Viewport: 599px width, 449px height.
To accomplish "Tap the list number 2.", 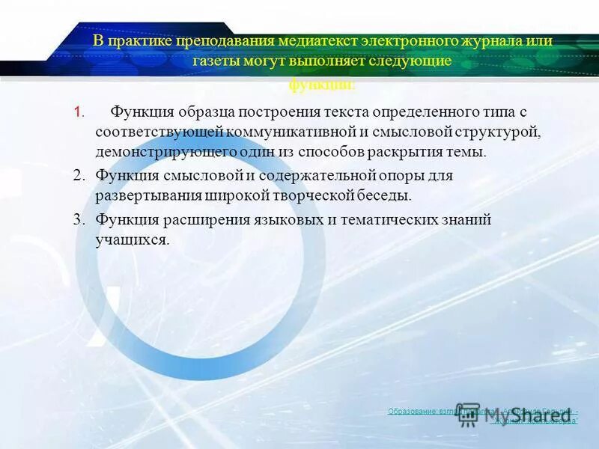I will (79, 176).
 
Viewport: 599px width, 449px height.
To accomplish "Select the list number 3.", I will (79, 220).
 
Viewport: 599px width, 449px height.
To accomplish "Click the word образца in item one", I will (207, 112).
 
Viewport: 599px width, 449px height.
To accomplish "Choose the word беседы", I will (386, 196).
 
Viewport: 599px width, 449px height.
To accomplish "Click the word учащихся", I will (132, 240).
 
